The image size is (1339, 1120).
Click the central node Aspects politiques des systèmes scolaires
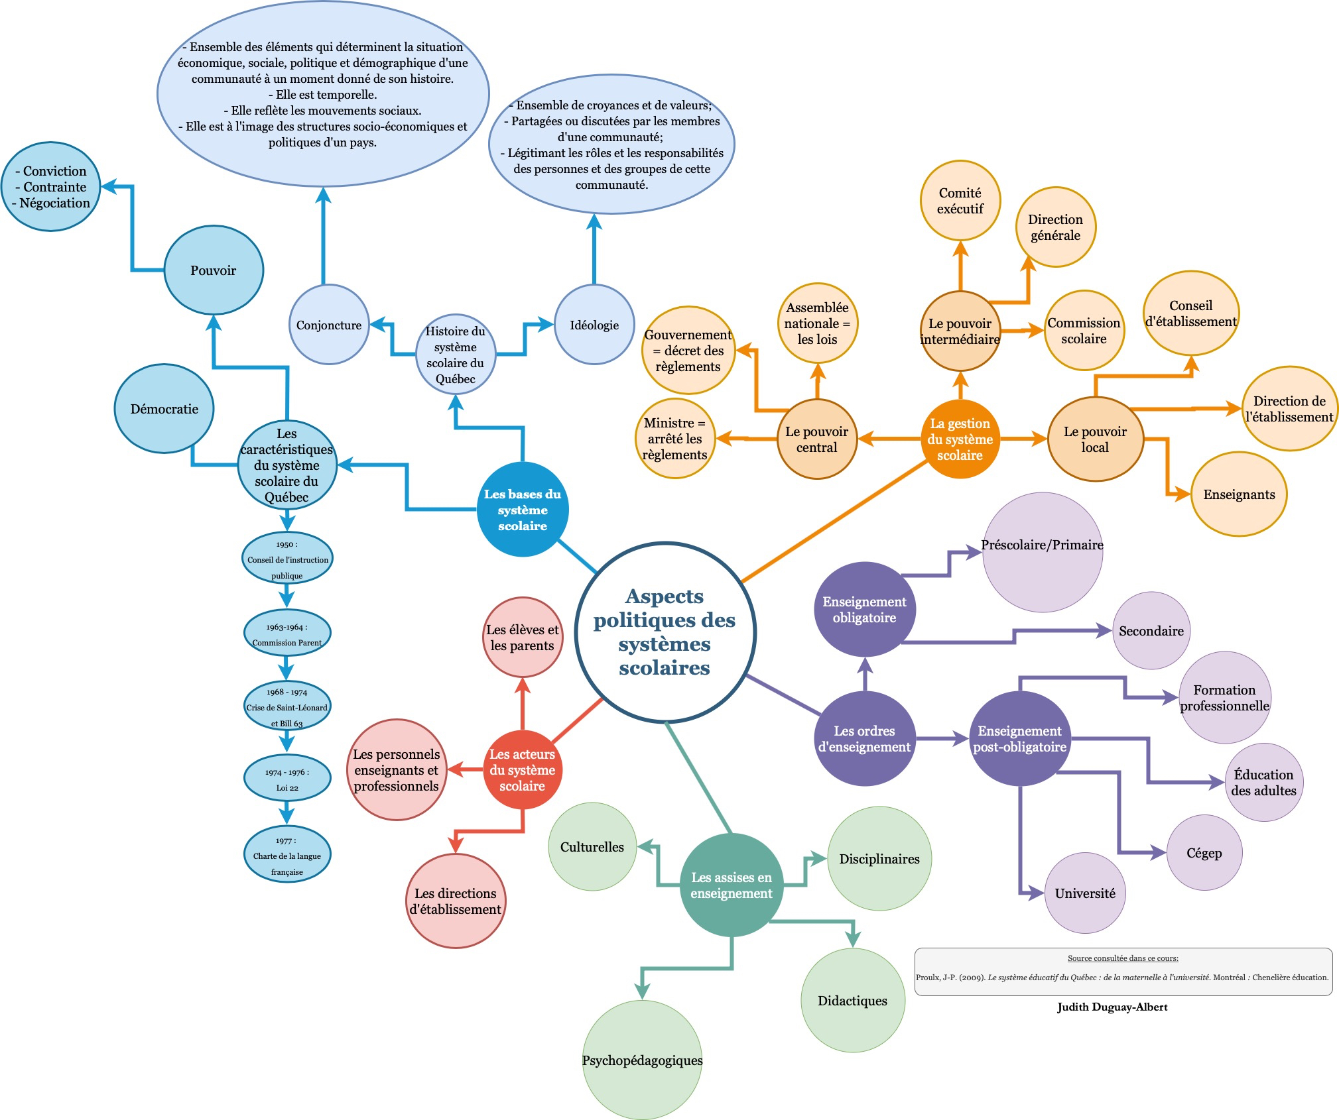point(665,632)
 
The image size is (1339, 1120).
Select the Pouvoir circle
point(214,270)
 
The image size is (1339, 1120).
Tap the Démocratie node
point(164,409)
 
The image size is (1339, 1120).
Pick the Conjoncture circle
point(329,325)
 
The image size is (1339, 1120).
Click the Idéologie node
point(594,325)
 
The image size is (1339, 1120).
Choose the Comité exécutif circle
point(960,201)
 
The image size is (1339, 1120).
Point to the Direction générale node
point(1055,227)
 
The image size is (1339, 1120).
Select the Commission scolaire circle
point(1084,331)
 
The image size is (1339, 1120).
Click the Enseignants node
point(1239,494)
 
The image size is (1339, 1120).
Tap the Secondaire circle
point(1151,631)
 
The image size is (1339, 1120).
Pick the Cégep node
point(1204,853)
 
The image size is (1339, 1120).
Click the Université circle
point(1085,893)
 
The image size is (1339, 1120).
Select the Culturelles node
point(592,847)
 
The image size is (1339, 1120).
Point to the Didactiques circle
point(852,1001)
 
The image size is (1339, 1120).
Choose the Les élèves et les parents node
point(523,638)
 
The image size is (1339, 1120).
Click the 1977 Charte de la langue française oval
point(287,855)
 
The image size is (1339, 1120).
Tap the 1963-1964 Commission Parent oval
point(287,634)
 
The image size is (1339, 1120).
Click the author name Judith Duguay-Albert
point(1112,1007)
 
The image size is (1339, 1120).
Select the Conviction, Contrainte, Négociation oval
point(51,187)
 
